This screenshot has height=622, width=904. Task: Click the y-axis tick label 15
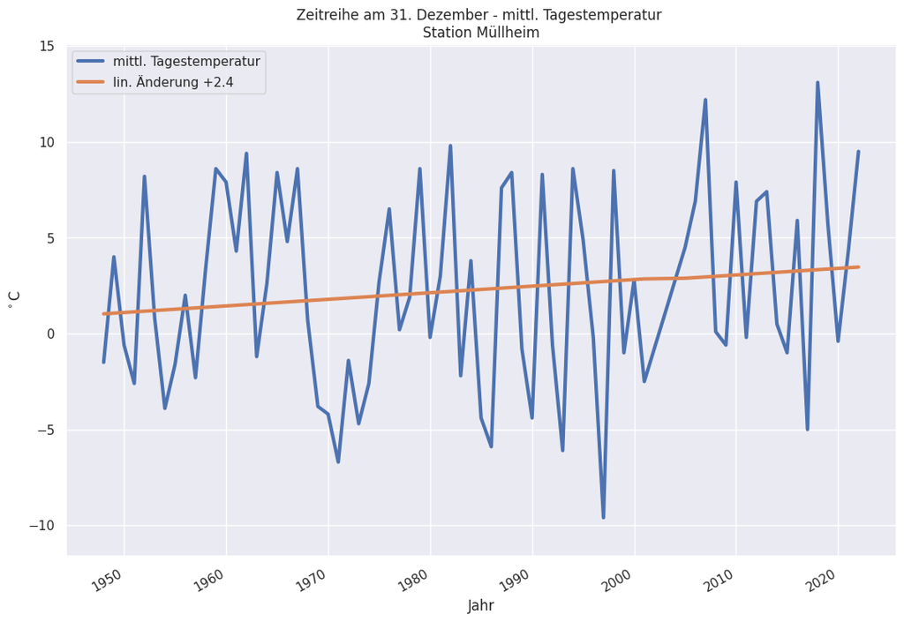click(x=47, y=47)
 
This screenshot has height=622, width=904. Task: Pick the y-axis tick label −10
click(x=40, y=526)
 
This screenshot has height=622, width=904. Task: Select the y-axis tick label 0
click(x=50, y=334)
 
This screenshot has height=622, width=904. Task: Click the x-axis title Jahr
click(x=481, y=606)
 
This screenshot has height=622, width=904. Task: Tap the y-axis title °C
click(x=15, y=300)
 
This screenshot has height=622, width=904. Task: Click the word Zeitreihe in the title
click(x=328, y=15)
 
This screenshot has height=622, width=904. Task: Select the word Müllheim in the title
click(x=508, y=33)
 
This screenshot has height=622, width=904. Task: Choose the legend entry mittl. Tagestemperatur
click(x=185, y=62)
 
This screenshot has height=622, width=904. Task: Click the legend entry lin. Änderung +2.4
click(x=173, y=83)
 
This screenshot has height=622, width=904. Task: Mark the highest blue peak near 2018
click(x=817, y=83)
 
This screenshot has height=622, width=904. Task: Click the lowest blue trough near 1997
click(x=604, y=517)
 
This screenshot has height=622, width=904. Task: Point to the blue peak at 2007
click(x=705, y=100)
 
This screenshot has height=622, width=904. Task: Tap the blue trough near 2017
click(x=807, y=429)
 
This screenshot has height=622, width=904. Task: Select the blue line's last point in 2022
click(x=858, y=152)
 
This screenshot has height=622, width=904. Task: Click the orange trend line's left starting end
click(x=104, y=314)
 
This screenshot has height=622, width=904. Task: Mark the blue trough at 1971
click(x=338, y=461)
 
